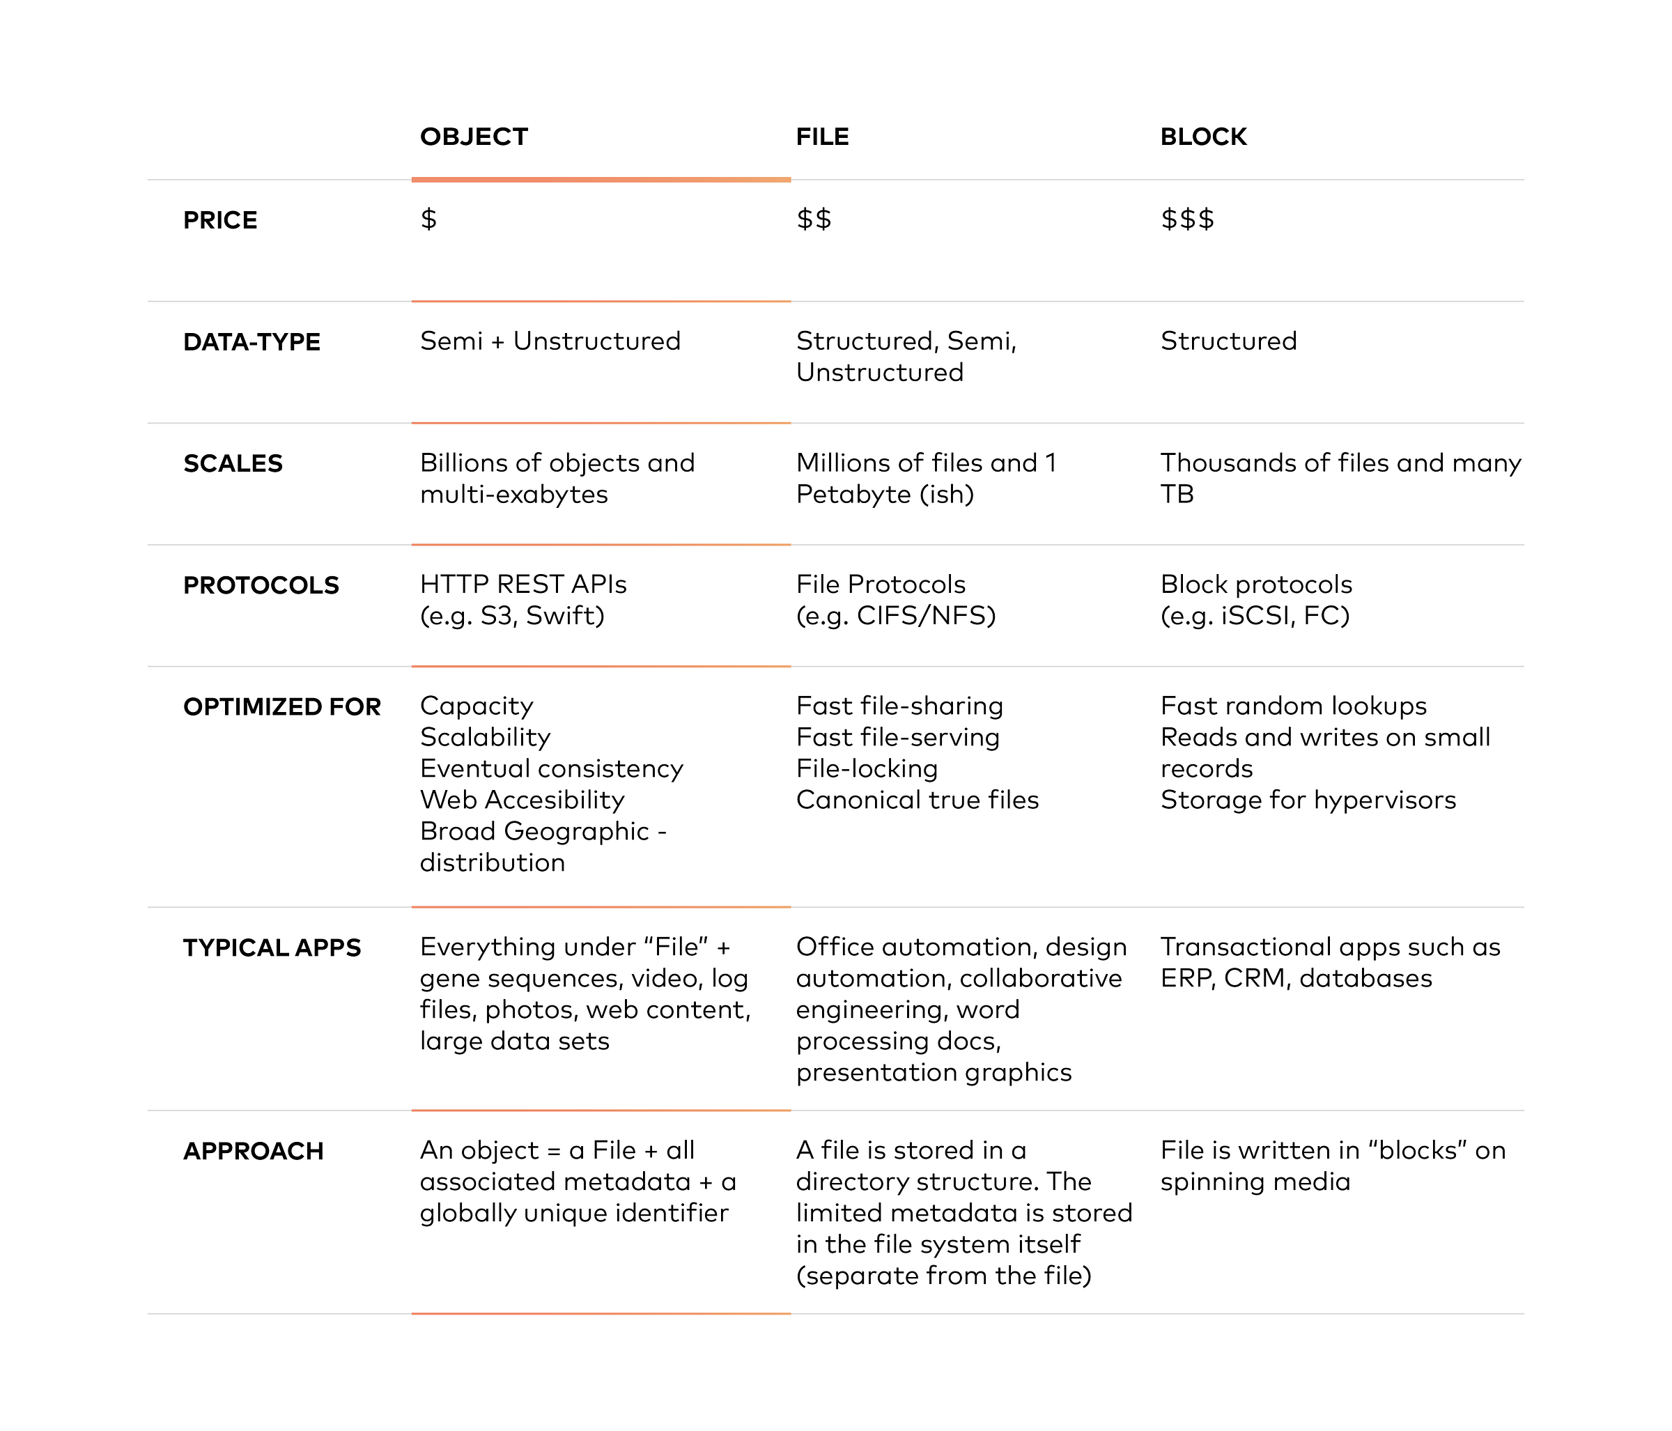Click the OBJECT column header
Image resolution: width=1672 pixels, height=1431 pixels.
point(474,137)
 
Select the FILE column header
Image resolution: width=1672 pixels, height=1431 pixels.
point(822,137)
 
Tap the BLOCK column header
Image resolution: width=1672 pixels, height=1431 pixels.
point(1203,137)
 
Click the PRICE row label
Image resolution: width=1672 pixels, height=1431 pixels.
point(220,220)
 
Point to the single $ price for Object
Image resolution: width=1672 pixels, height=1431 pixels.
point(428,219)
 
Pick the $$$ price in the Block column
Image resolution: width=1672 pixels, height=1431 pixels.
point(1187,219)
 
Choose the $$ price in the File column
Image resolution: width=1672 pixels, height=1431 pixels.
point(814,219)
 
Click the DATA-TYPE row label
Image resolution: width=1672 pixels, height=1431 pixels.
point(251,342)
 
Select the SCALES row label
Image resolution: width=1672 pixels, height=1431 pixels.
point(233,464)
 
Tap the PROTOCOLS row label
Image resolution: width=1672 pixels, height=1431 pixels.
point(261,586)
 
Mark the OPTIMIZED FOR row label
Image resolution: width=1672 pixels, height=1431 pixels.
point(281,707)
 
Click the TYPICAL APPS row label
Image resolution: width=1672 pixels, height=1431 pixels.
point(272,948)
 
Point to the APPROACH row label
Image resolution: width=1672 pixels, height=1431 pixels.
point(254,1152)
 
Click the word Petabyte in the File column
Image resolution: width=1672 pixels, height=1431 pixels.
point(853,494)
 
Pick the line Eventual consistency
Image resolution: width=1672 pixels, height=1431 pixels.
point(551,768)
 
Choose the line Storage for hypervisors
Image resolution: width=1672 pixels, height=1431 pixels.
point(1308,800)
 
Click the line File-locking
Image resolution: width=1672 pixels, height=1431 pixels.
point(867,768)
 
